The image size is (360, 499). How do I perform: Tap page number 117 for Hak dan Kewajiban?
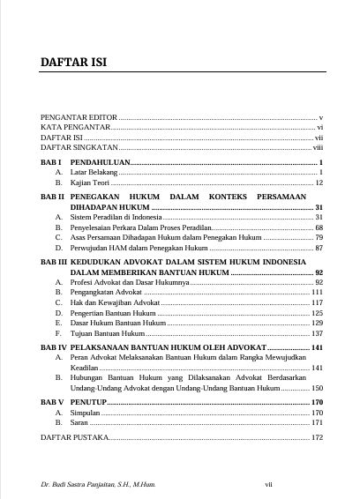pyautogui.click(x=319, y=302)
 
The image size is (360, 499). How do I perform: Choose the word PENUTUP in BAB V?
pyautogui.click(x=88, y=401)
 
